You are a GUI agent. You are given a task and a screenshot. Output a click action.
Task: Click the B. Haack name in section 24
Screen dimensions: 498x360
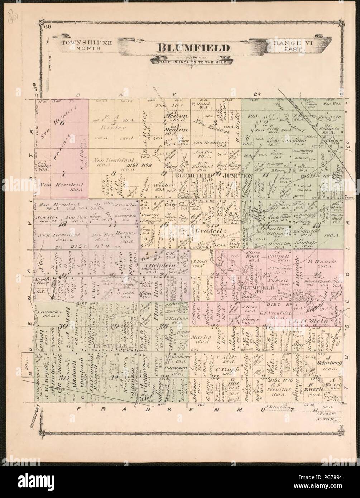(317, 262)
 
